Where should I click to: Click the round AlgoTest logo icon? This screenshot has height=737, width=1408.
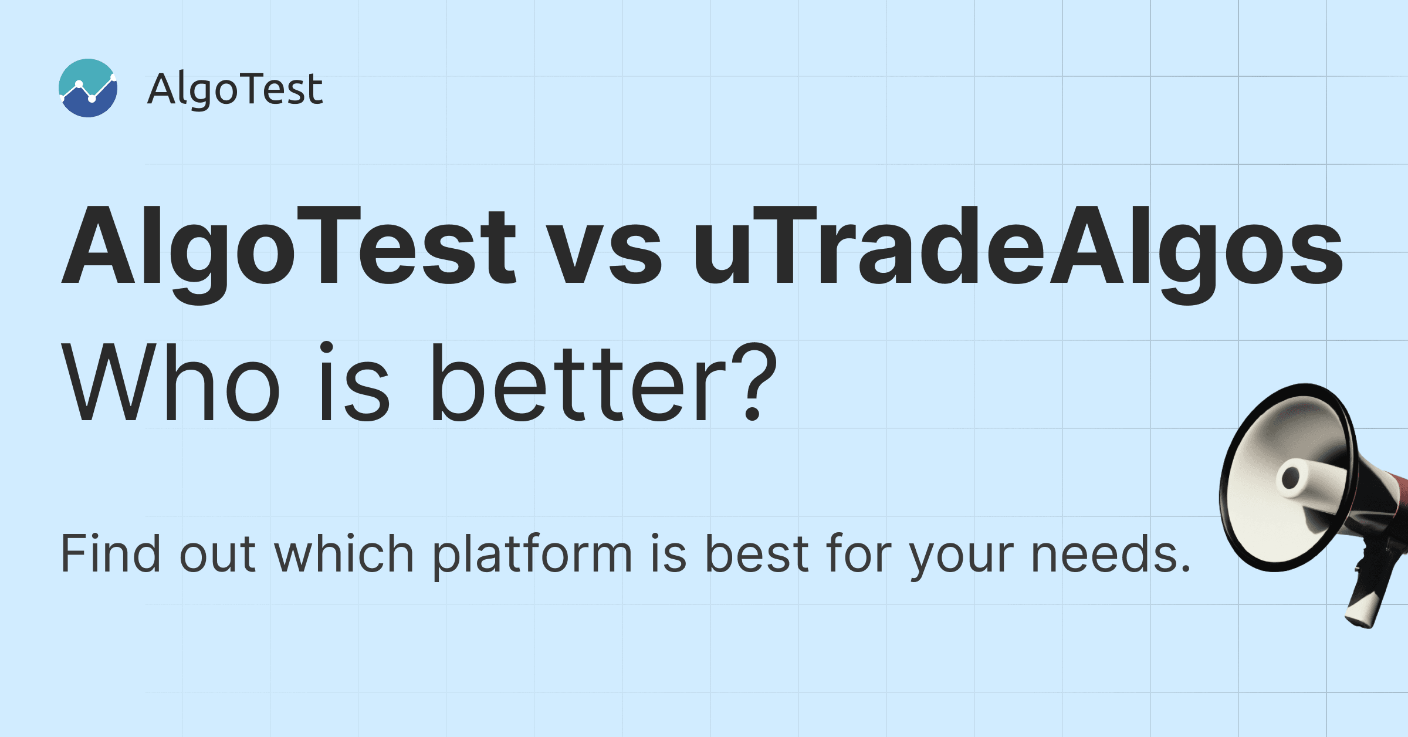[88, 88]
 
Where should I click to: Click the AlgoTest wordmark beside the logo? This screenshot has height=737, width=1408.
[235, 89]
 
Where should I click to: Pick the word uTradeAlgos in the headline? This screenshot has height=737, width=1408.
[1018, 246]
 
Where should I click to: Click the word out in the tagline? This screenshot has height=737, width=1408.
[217, 555]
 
